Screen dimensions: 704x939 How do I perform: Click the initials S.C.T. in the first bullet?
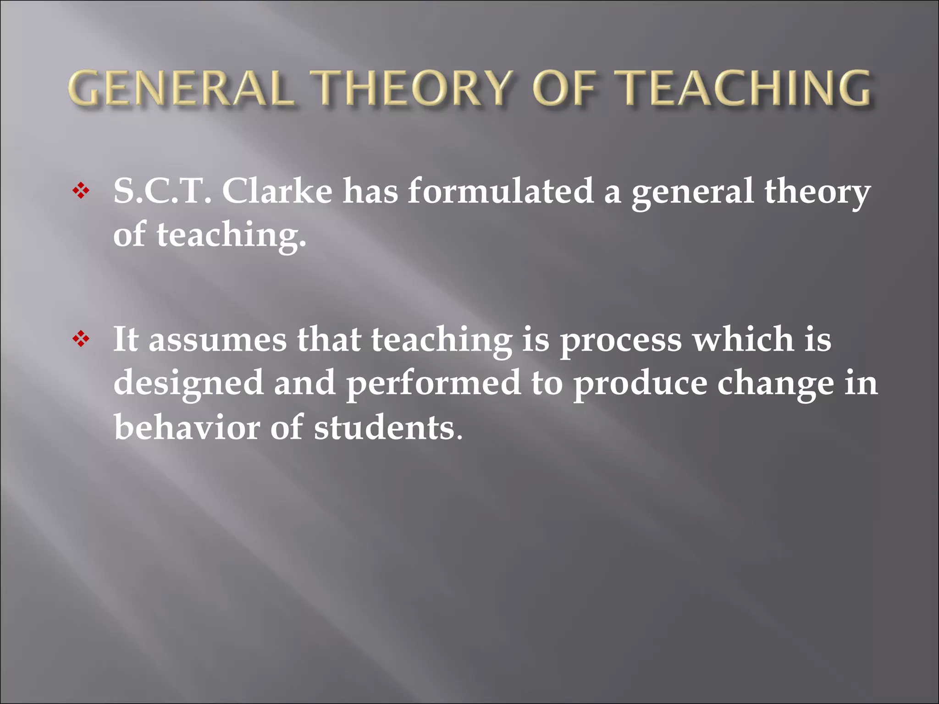click(x=162, y=191)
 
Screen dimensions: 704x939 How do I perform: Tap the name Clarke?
click(x=277, y=191)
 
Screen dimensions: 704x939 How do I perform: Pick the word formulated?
click(x=501, y=191)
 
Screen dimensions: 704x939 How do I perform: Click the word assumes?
click(x=217, y=340)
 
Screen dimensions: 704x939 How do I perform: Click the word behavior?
click(x=186, y=427)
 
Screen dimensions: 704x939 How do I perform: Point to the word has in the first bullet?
click(x=370, y=191)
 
